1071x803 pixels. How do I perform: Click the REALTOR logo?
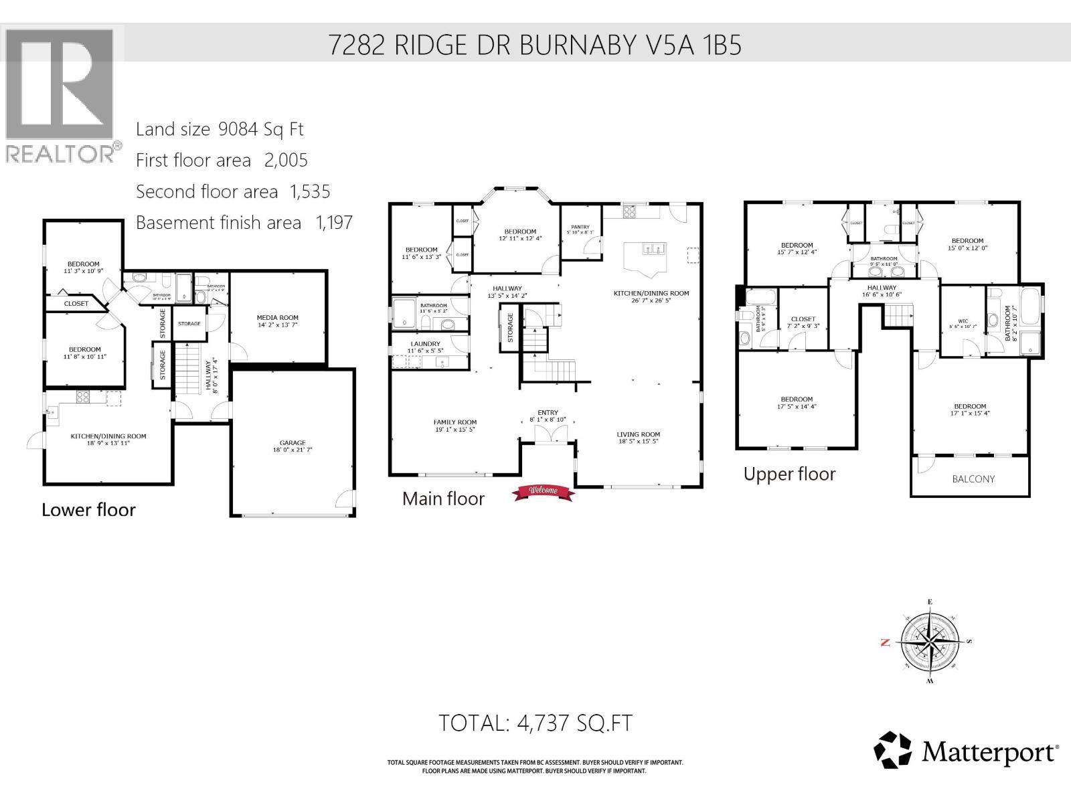pos(62,94)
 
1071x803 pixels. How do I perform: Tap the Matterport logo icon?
pos(893,750)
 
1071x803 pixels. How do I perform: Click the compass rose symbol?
pos(930,641)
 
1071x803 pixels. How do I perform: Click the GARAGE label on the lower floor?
pos(293,442)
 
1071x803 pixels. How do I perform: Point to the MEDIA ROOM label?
pos(277,318)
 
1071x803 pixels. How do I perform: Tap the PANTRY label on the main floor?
pos(580,227)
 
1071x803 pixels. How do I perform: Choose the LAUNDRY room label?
pos(425,344)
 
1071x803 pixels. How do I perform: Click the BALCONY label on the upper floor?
pos(973,479)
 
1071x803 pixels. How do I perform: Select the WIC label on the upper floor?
pos(963,321)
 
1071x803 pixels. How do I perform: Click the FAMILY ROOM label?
pos(455,422)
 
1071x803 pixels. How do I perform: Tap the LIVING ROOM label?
pos(638,434)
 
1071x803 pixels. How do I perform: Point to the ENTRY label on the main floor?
pos(548,413)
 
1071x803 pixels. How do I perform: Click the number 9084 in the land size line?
pos(238,129)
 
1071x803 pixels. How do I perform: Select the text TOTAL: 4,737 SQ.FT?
pos(535,723)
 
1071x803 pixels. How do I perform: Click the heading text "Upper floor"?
pos(789,474)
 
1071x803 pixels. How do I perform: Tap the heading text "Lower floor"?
pos(88,510)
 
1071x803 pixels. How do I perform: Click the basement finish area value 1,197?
pos(333,223)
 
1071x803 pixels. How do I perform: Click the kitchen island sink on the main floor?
pos(653,250)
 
